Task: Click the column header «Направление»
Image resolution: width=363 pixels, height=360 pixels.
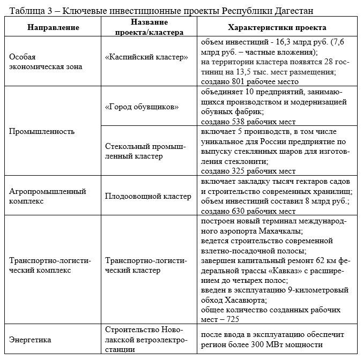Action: (x=52, y=27)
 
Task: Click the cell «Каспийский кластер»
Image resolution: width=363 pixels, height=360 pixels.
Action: (x=146, y=56)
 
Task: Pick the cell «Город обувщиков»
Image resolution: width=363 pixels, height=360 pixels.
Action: (x=142, y=107)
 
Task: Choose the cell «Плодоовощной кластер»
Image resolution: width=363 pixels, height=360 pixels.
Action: (x=148, y=196)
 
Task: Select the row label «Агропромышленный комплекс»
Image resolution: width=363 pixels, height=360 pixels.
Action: (x=48, y=196)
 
